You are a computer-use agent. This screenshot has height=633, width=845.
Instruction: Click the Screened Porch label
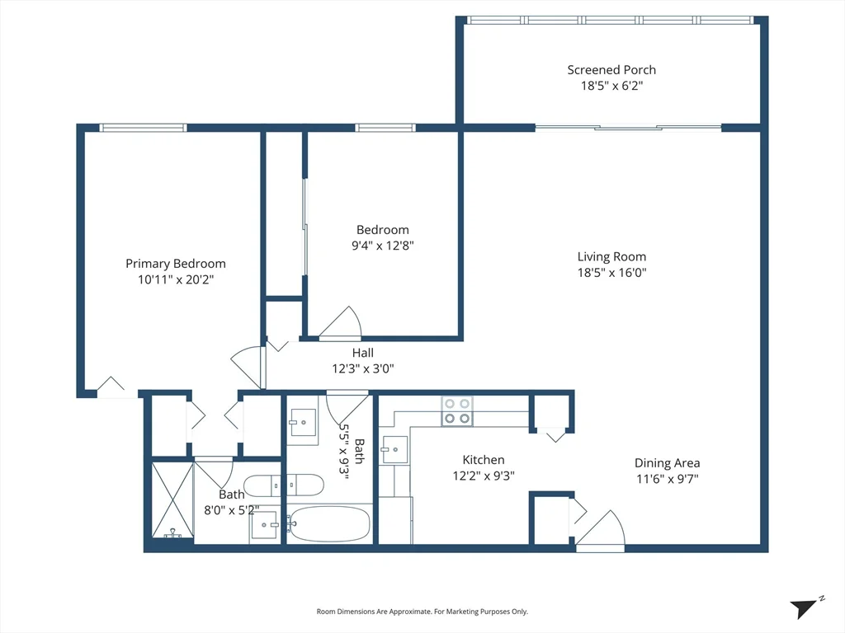point(611,70)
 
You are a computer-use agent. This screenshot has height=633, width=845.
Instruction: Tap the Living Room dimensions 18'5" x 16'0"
point(611,272)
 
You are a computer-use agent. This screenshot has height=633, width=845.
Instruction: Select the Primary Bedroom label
point(176,264)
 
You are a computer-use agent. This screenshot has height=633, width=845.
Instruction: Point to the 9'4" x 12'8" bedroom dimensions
point(383,246)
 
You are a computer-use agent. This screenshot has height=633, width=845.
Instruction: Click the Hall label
point(363,353)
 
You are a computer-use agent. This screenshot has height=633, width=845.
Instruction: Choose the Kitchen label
point(484,460)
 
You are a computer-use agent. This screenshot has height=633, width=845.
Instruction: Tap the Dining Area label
point(667,463)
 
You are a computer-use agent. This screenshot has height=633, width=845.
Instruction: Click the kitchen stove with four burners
point(457,411)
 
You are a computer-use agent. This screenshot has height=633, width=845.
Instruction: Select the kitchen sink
point(394,449)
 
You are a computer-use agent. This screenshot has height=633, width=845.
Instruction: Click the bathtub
point(328,523)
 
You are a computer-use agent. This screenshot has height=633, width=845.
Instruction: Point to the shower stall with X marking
point(172,500)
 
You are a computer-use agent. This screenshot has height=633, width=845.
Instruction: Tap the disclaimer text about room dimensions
point(422,612)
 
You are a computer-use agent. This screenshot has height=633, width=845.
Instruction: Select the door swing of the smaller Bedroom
point(340,322)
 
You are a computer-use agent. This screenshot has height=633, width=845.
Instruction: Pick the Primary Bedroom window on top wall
point(143,128)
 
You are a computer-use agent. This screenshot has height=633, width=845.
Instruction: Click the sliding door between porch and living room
point(628,128)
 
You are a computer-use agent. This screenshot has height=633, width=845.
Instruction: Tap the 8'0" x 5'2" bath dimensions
point(232,510)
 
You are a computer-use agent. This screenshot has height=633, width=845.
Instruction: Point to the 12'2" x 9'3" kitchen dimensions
point(484,476)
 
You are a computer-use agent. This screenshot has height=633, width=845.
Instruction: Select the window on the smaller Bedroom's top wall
point(385,128)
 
